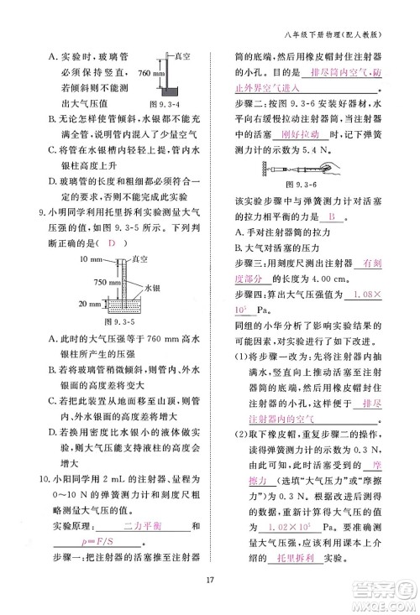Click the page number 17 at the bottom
210,577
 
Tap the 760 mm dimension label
148,74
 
